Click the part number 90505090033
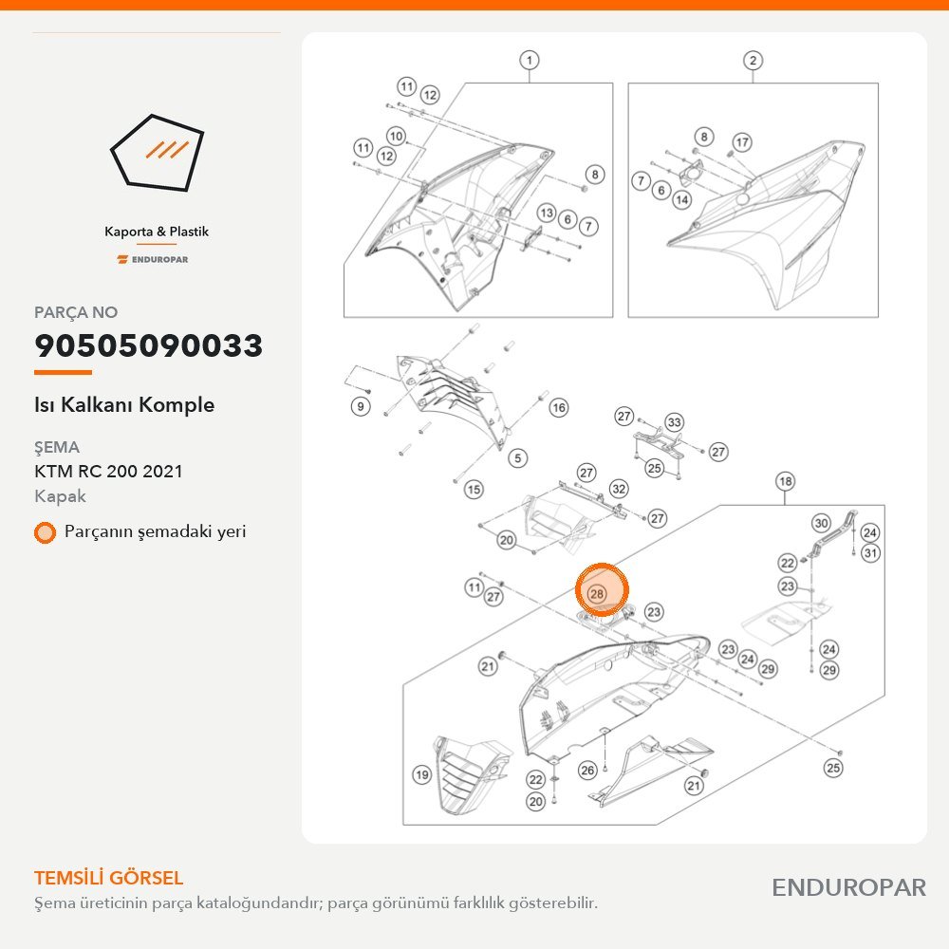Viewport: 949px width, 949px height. (x=148, y=345)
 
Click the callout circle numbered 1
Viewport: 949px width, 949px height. (x=530, y=60)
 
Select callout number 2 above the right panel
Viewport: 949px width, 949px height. (x=753, y=60)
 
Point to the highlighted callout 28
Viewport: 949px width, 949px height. (x=597, y=594)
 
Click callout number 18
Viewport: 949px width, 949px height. (x=785, y=481)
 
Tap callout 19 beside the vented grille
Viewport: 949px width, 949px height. (x=422, y=774)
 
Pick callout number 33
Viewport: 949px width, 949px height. (x=674, y=422)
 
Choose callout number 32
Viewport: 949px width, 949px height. (x=619, y=489)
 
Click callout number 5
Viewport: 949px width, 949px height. (x=517, y=458)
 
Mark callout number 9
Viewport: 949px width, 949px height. (x=361, y=406)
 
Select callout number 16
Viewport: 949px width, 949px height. (x=559, y=407)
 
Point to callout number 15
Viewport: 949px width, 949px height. (x=474, y=489)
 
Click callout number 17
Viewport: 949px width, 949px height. (x=742, y=142)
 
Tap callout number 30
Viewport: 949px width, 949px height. (x=821, y=524)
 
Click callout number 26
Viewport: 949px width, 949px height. (x=587, y=770)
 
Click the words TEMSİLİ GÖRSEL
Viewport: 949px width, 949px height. (x=109, y=878)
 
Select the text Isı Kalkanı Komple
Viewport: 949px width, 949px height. (x=124, y=405)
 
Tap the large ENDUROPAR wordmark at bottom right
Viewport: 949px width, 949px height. (x=849, y=888)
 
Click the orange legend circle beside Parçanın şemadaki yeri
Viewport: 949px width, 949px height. (x=45, y=532)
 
